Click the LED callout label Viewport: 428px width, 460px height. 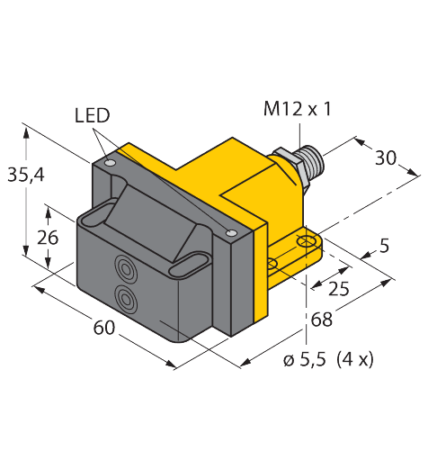(x=93, y=115)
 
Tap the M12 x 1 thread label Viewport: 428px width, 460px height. (x=298, y=109)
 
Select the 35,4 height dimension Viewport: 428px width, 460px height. (x=26, y=175)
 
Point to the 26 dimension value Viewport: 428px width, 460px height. (x=48, y=238)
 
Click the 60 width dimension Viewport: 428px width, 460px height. (x=104, y=328)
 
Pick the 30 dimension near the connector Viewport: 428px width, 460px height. (x=386, y=158)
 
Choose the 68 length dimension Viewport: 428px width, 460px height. (x=322, y=320)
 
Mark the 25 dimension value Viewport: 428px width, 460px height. (x=339, y=289)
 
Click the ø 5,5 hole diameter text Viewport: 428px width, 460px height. (x=304, y=359)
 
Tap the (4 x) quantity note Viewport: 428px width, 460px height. (x=355, y=359)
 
